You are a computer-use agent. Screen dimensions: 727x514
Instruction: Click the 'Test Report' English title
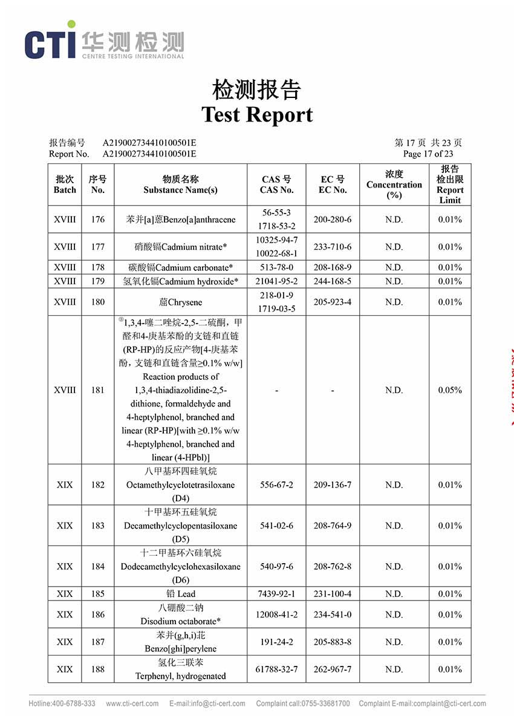pyautogui.click(x=257, y=114)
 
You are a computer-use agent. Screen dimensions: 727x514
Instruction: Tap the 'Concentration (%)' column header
pyautogui.click(x=394, y=184)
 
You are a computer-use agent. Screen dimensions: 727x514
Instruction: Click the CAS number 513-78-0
pyautogui.click(x=276, y=267)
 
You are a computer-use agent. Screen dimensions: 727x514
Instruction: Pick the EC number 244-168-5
pyautogui.click(x=333, y=281)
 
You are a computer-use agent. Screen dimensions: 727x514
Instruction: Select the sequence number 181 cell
pyautogui.click(x=97, y=390)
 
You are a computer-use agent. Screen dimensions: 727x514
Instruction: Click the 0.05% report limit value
pyautogui.click(x=449, y=390)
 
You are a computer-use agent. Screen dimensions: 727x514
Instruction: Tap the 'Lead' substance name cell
pyautogui.click(x=180, y=594)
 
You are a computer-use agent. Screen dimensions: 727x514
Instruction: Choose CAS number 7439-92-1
pyautogui.click(x=276, y=594)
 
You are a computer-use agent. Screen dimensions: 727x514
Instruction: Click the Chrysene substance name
pyautogui.click(x=180, y=302)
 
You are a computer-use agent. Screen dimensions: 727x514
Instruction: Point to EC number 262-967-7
pyautogui.click(x=333, y=670)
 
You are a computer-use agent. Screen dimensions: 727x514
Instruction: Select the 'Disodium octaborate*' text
pyautogui.click(x=180, y=621)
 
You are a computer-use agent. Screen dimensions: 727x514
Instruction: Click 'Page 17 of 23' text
pyautogui.click(x=428, y=154)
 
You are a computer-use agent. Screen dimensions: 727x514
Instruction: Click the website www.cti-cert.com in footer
pyautogui.click(x=132, y=703)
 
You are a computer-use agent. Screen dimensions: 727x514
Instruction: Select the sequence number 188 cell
pyautogui.click(x=97, y=670)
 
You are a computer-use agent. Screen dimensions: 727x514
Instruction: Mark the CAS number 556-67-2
pyautogui.click(x=276, y=485)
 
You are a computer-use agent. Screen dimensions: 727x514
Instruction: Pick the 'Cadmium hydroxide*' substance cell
pyautogui.click(x=180, y=281)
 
